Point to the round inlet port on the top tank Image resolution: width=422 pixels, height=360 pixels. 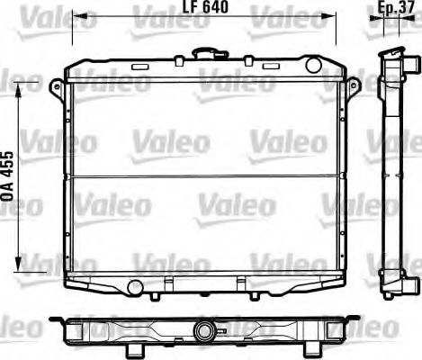(313, 65)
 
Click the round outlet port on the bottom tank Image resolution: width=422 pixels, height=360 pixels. (134, 288)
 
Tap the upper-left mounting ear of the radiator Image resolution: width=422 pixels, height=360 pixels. (57, 86)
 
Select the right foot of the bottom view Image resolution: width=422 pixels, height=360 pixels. (288, 346)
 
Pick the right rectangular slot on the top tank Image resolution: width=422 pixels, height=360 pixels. (272, 67)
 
